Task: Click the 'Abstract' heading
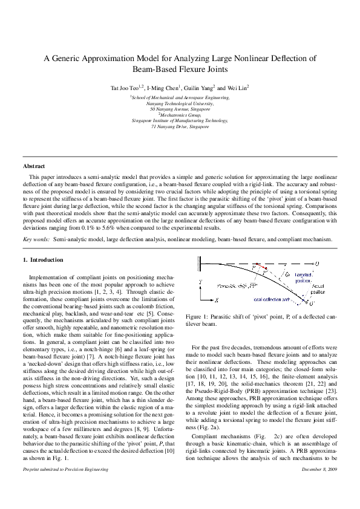coord(33,166)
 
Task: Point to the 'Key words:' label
coord(36,239)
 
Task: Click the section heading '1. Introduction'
coord(43,260)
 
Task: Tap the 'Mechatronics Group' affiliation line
coord(180,115)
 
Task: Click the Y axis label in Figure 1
coord(200,282)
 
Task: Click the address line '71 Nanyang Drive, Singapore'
coord(180,128)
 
